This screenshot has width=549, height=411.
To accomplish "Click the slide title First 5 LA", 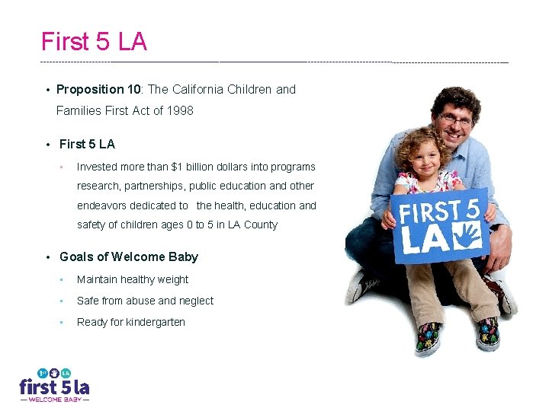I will (x=94, y=42).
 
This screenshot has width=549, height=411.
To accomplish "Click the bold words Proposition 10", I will (x=98, y=90).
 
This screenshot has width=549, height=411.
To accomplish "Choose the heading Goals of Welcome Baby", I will (x=129, y=257).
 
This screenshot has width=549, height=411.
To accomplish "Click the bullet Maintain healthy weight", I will (x=133, y=280).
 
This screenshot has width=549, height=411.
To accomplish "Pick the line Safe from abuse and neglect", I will (x=145, y=301).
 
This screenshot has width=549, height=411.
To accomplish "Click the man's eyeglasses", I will (x=455, y=120).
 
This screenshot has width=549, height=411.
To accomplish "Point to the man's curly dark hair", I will (x=454, y=98).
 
